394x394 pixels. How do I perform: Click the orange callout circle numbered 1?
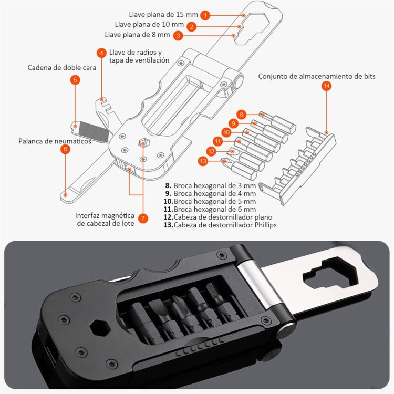pyautogui.click(x=205, y=15)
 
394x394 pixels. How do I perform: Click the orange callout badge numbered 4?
pyautogui.click(x=101, y=53)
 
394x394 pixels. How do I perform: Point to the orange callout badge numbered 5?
pyautogui.click(x=76, y=80)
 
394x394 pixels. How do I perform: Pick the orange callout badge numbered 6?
pyautogui.click(x=65, y=149)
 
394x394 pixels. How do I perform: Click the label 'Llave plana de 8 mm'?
pyautogui.click(x=138, y=35)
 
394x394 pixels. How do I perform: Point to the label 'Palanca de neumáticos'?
pyautogui.click(x=55, y=141)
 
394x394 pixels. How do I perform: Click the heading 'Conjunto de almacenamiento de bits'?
pyautogui.click(x=316, y=76)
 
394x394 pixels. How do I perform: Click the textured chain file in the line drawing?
pyautogui.click(x=90, y=127)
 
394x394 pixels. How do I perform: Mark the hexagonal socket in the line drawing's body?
pyautogui.click(x=142, y=143)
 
